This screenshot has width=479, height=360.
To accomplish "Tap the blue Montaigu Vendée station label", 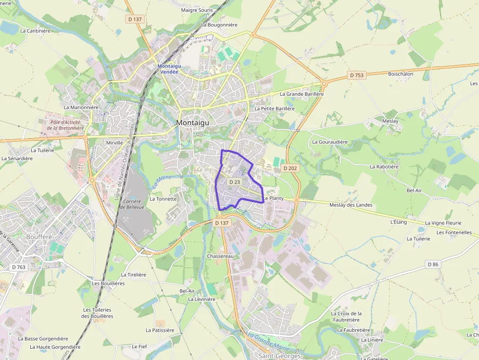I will point(168,69).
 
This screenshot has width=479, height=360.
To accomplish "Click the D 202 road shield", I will point(290,169).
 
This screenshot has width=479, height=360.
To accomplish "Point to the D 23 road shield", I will point(235,182).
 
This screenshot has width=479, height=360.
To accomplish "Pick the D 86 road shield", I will point(433,264).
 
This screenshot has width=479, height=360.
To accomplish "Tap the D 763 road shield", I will point(19,267).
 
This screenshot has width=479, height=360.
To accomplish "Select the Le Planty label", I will point(273,198).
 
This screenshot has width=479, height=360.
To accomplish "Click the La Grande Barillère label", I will point(302,94).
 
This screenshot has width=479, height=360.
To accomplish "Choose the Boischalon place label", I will point(400,74).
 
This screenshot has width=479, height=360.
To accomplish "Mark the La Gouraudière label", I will point(329,142).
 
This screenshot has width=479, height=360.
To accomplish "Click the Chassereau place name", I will point(220,256).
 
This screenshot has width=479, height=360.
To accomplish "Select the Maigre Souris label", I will point(196,10).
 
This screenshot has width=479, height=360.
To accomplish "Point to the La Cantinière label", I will point(35,30).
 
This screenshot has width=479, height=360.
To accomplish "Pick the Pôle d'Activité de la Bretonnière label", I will point(65,125).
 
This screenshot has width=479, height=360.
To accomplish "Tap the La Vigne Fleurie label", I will point(443,223).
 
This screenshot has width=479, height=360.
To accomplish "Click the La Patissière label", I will point(160,330).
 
